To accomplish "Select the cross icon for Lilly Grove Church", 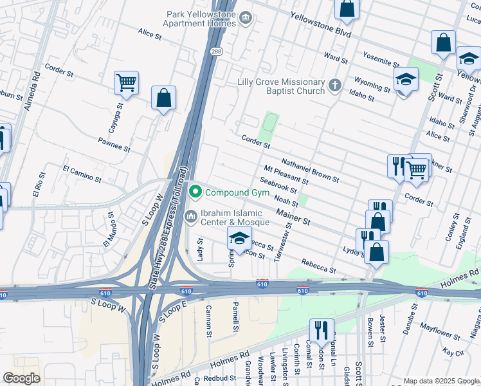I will [x=334, y=85].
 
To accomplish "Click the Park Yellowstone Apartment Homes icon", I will [x=246, y=18].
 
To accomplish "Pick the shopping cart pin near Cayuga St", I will [x=127, y=83].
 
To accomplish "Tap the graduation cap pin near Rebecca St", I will [x=239, y=237].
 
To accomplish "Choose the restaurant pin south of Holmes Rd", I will [x=322, y=331].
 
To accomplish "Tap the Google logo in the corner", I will [x=21, y=378].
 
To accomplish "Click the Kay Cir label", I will [x=453, y=352].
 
